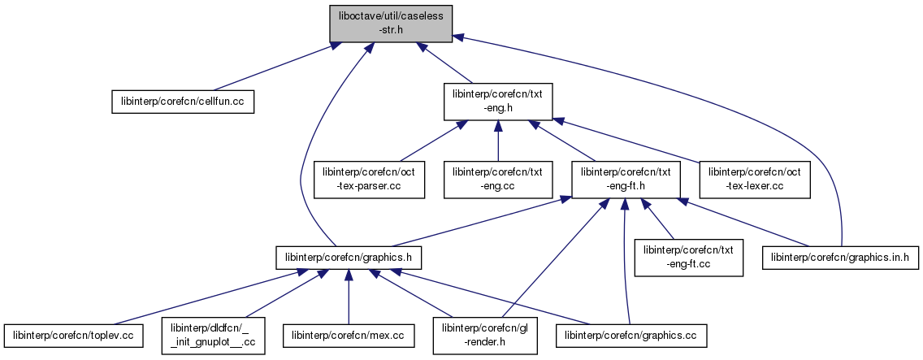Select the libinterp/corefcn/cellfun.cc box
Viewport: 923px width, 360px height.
pyautogui.click(x=183, y=100)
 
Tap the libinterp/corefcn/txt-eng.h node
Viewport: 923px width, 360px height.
pyautogui.click(x=498, y=100)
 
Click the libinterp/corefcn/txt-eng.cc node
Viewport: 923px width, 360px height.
pyautogui.click(x=498, y=179)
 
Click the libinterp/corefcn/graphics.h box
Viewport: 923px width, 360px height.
pyautogui.click(x=349, y=258)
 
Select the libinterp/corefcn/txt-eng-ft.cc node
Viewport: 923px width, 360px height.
pyautogui.click(x=689, y=258)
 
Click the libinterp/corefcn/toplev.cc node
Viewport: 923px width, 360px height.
pyautogui.click(x=74, y=334)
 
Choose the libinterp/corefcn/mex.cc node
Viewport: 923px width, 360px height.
pyautogui.click(x=349, y=334)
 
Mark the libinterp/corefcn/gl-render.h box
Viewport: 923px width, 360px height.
pyautogui.click(x=485, y=334)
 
